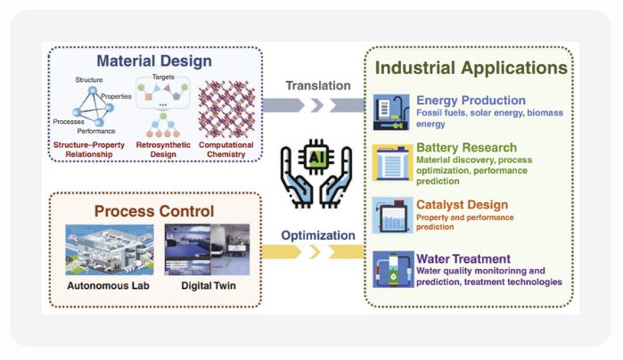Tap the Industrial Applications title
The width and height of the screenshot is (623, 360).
pos(471,68)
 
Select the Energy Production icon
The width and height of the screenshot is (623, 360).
pos(392,111)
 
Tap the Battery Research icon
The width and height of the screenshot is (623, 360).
pos(392,163)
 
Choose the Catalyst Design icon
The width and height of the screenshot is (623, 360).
pos(392,215)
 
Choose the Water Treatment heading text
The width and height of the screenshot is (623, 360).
pos(464,259)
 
